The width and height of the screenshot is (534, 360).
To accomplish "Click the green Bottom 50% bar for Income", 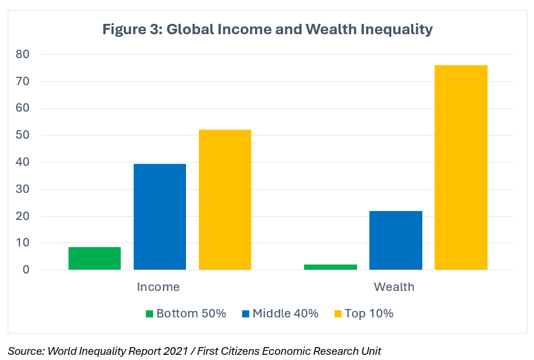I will coord(94,258).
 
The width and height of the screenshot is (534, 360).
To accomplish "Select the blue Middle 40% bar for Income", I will coord(159,217).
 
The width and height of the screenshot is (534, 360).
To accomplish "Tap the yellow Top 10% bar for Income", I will coord(225,199).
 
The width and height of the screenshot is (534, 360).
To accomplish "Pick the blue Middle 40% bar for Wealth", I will coord(396,240).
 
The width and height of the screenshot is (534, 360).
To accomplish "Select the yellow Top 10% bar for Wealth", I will coord(461,167).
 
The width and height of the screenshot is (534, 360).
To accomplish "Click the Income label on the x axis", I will coord(158,286).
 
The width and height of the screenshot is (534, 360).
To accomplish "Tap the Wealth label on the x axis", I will coord(394,286).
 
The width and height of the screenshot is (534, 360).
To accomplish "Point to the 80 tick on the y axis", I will coord(23,54).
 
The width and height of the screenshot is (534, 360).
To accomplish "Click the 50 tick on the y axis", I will coord(23,135).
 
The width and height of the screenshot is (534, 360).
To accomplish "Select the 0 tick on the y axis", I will coord(26,270).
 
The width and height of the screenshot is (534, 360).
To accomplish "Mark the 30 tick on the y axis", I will coord(23,190).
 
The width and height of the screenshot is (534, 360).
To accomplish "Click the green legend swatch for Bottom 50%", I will coord(149,314).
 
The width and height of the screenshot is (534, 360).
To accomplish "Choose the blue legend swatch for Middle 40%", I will coord(246,314).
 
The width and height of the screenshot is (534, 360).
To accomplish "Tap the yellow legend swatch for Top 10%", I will coord(338,314).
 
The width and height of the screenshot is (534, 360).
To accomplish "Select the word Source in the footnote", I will coord(24,351).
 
